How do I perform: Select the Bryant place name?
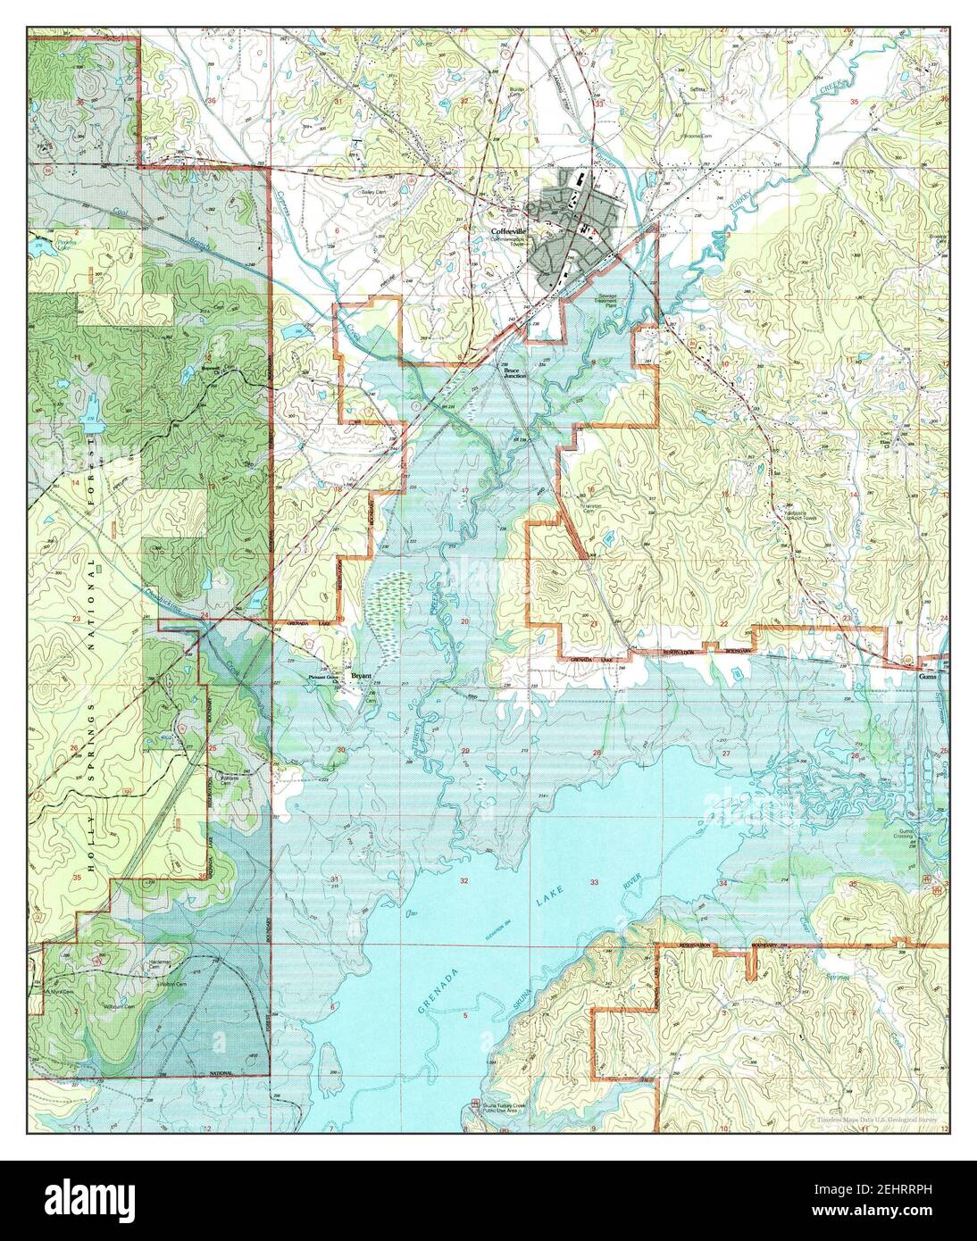click(361, 676)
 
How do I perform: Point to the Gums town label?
click(930, 678)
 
